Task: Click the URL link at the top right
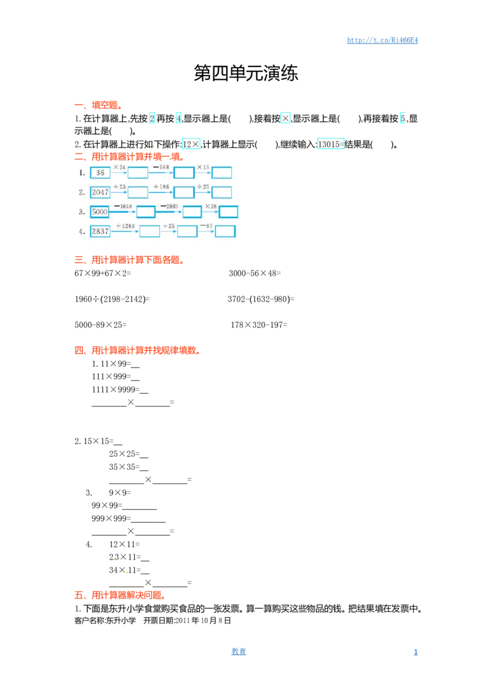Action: point(383,40)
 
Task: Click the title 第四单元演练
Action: point(245,73)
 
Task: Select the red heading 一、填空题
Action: point(98,105)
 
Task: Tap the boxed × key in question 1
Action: point(285,119)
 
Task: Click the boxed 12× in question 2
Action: point(191,144)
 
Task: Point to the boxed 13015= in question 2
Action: point(330,144)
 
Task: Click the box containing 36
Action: point(100,173)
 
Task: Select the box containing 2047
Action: point(100,192)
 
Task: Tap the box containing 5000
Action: point(100,212)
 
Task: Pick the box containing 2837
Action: point(100,231)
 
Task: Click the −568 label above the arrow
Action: point(161,167)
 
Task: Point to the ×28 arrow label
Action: point(211,207)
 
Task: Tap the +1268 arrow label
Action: point(125,226)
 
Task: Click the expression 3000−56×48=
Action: point(255,274)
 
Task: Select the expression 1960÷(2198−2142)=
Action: point(112,299)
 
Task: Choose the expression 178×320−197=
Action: point(259,325)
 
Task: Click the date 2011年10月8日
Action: point(203,620)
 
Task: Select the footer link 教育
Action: point(239,652)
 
